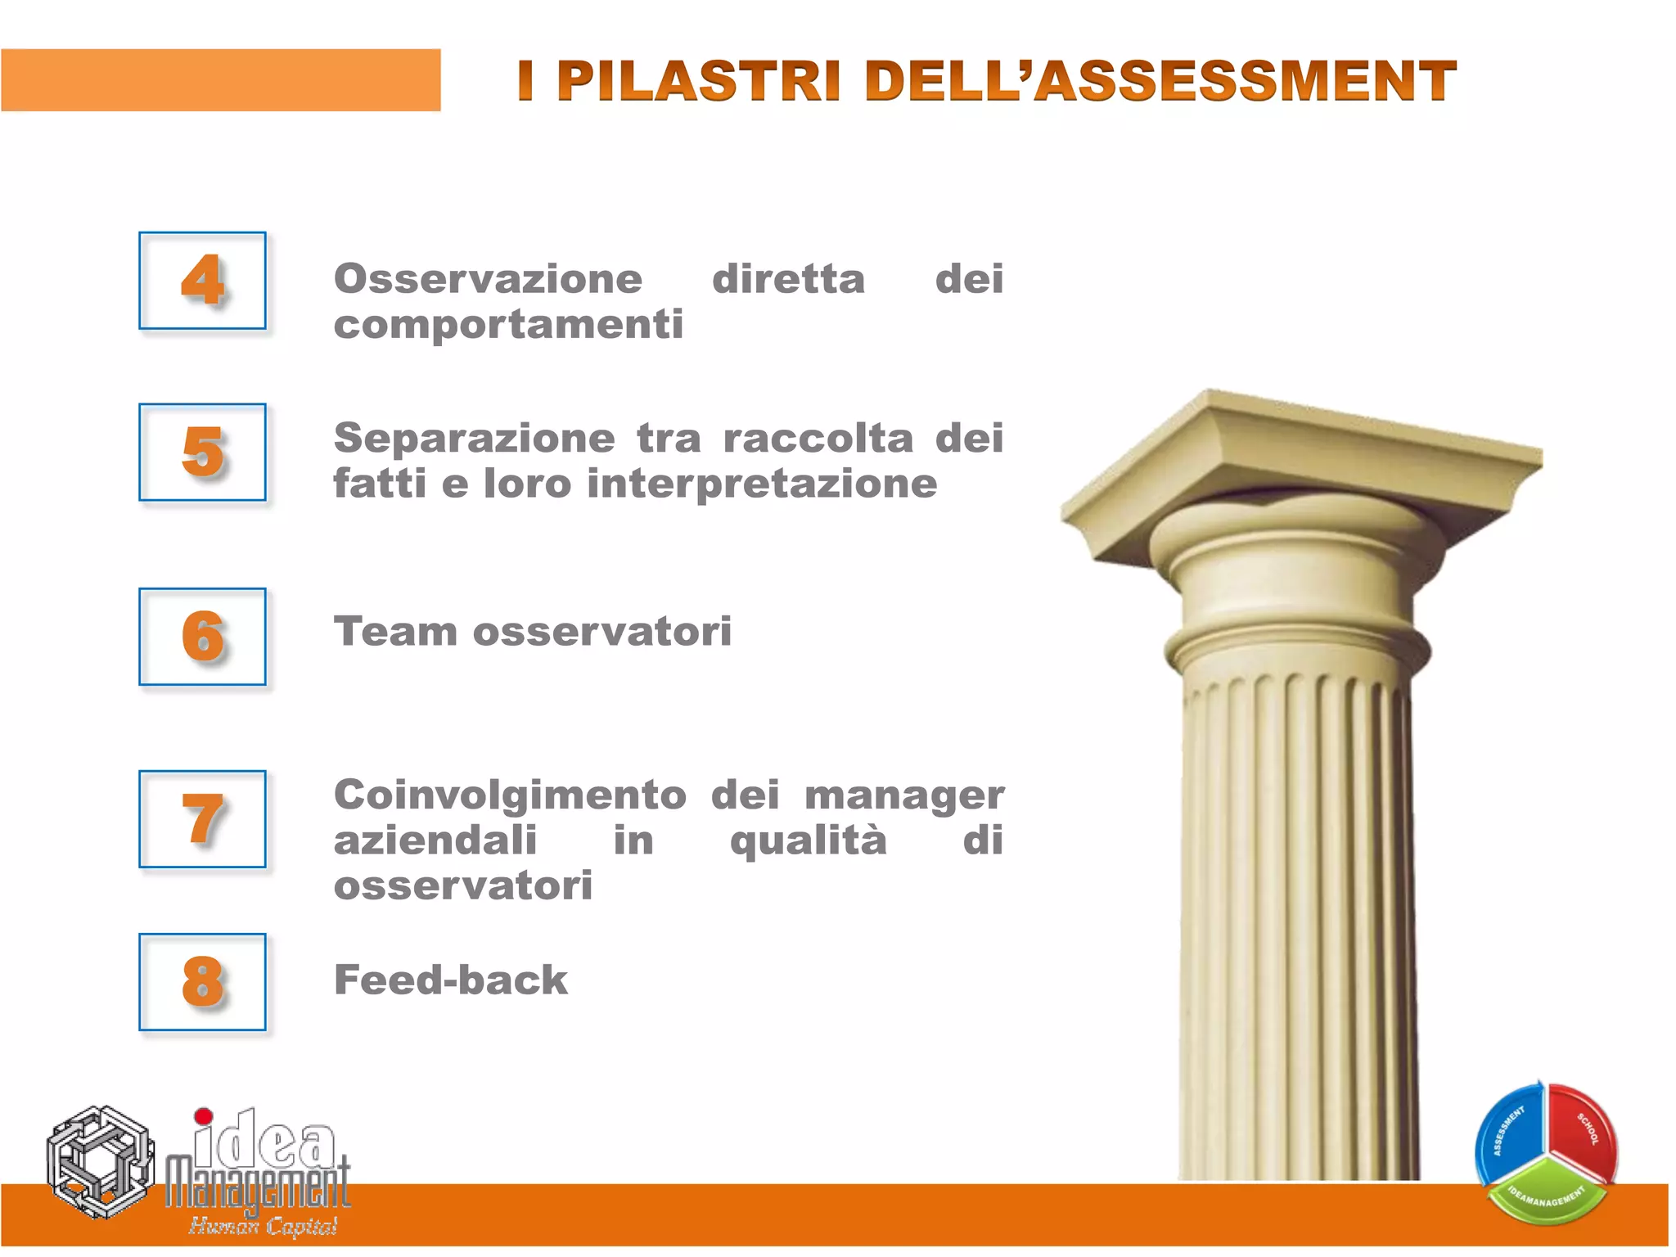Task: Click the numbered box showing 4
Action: coord(202,281)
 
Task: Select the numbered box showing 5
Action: coord(202,452)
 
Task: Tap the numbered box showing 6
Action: coord(202,636)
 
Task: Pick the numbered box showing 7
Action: coord(202,818)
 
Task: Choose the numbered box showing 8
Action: coord(202,981)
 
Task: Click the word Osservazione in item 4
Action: coord(489,279)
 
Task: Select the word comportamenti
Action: coord(508,325)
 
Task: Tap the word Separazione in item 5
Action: coord(474,438)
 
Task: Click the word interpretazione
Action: coord(762,484)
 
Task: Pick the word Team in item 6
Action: coord(395,632)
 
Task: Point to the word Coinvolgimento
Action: coord(510,795)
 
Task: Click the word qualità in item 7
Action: coord(808,840)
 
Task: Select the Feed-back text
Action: coord(450,980)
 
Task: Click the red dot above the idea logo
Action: coord(204,1116)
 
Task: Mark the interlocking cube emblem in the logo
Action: coord(100,1162)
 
